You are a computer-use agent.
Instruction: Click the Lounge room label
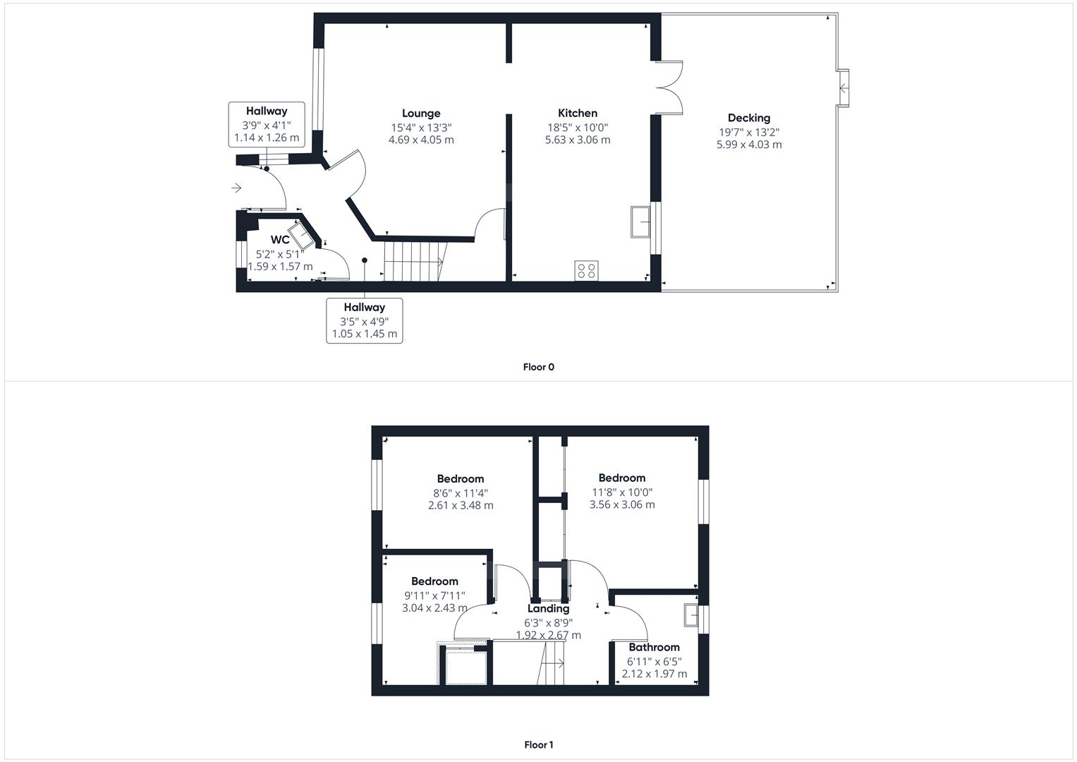click(x=421, y=113)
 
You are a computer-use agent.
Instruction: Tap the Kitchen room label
click(x=578, y=113)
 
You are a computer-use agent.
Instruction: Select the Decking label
click(x=748, y=118)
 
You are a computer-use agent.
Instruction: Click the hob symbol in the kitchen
click(x=586, y=270)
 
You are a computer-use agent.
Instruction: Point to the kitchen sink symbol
click(x=641, y=222)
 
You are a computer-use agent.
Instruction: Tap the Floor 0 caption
click(x=538, y=367)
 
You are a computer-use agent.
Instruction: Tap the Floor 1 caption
click(x=538, y=744)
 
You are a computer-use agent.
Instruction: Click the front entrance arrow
click(x=236, y=188)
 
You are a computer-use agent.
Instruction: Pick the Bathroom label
click(x=654, y=647)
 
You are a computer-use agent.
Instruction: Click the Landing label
click(x=548, y=608)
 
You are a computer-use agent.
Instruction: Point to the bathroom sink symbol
click(x=691, y=616)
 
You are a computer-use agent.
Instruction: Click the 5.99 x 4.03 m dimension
click(x=748, y=145)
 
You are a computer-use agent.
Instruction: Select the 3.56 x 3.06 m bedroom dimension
click(x=621, y=504)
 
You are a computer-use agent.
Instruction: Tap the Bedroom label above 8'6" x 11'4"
click(x=460, y=479)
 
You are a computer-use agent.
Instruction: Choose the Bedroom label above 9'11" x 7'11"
click(x=434, y=581)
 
